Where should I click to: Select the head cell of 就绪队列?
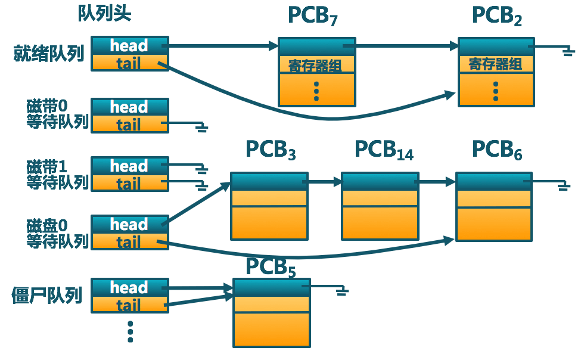(x=129, y=46)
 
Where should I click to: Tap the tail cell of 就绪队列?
(x=129, y=63)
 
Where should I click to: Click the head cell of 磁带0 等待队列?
(x=129, y=107)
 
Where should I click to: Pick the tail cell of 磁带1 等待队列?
(x=129, y=184)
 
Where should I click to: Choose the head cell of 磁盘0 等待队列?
(x=129, y=225)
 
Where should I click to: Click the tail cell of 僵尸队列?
(x=129, y=305)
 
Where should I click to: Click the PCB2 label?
(x=497, y=16)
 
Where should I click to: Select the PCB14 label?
(x=384, y=150)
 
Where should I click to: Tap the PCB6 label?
(x=497, y=150)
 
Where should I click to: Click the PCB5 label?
(x=271, y=267)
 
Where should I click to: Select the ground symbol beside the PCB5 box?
(x=341, y=291)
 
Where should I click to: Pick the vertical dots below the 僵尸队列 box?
(x=130, y=332)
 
